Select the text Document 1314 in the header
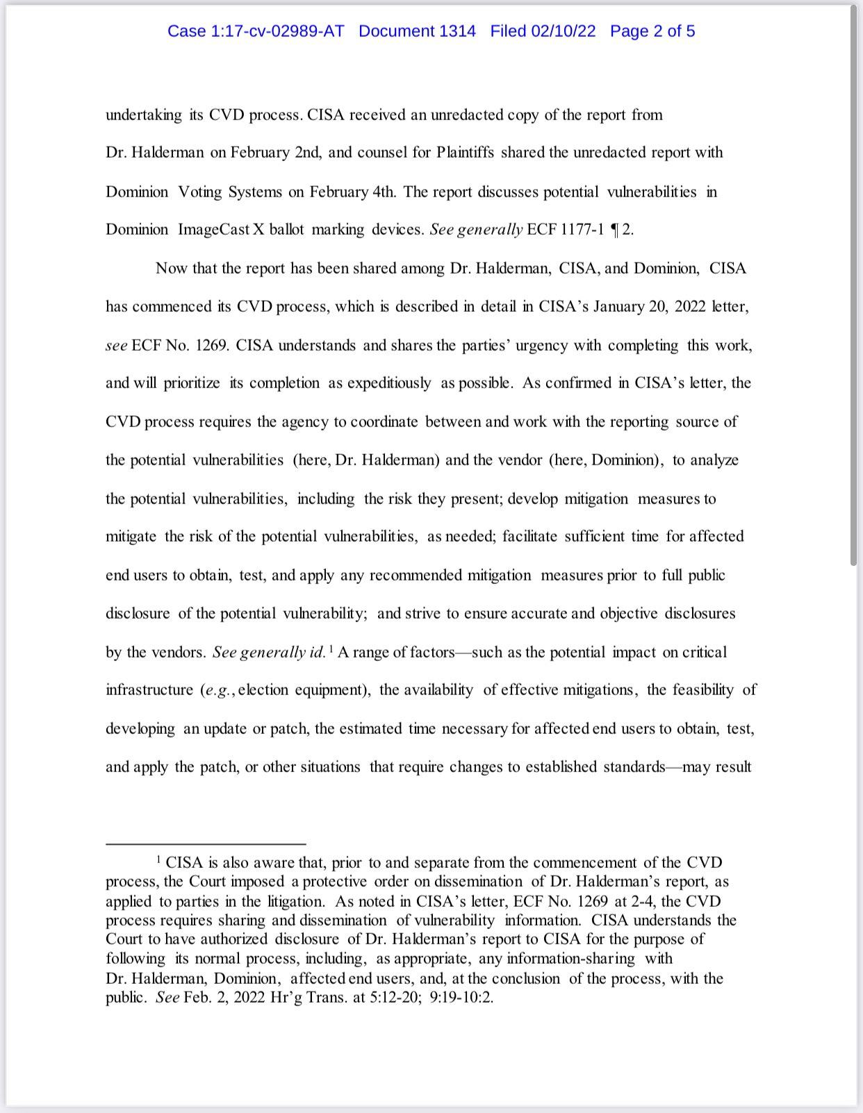click(417, 31)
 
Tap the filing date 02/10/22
click(563, 31)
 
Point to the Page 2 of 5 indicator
click(652, 31)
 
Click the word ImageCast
click(213, 230)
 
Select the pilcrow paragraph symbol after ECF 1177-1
click(614, 230)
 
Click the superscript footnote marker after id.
click(331, 648)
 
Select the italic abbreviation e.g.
click(218, 690)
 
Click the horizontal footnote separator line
click(206, 844)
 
